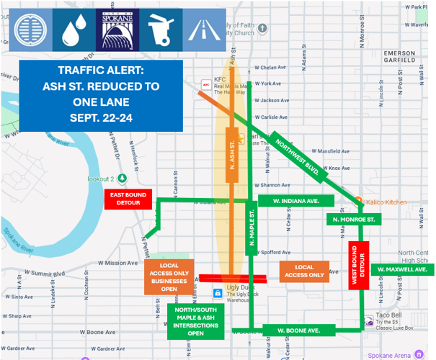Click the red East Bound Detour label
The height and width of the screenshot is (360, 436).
(x=128, y=199)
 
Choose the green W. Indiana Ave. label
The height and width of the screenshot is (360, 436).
(x=295, y=201)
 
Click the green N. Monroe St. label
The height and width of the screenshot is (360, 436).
(x=352, y=218)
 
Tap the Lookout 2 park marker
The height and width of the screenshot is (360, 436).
(x=123, y=178)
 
